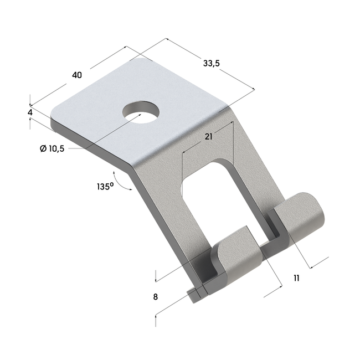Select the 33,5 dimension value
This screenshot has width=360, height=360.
click(212, 63)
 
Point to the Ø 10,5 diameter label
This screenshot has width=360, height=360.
click(53, 148)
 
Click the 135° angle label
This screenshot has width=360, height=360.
click(105, 186)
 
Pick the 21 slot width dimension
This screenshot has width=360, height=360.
click(208, 137)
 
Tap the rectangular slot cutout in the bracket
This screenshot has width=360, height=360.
click(212, 191)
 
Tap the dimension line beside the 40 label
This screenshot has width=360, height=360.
click(97, 72)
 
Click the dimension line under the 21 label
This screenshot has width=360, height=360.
click(208, 145)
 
